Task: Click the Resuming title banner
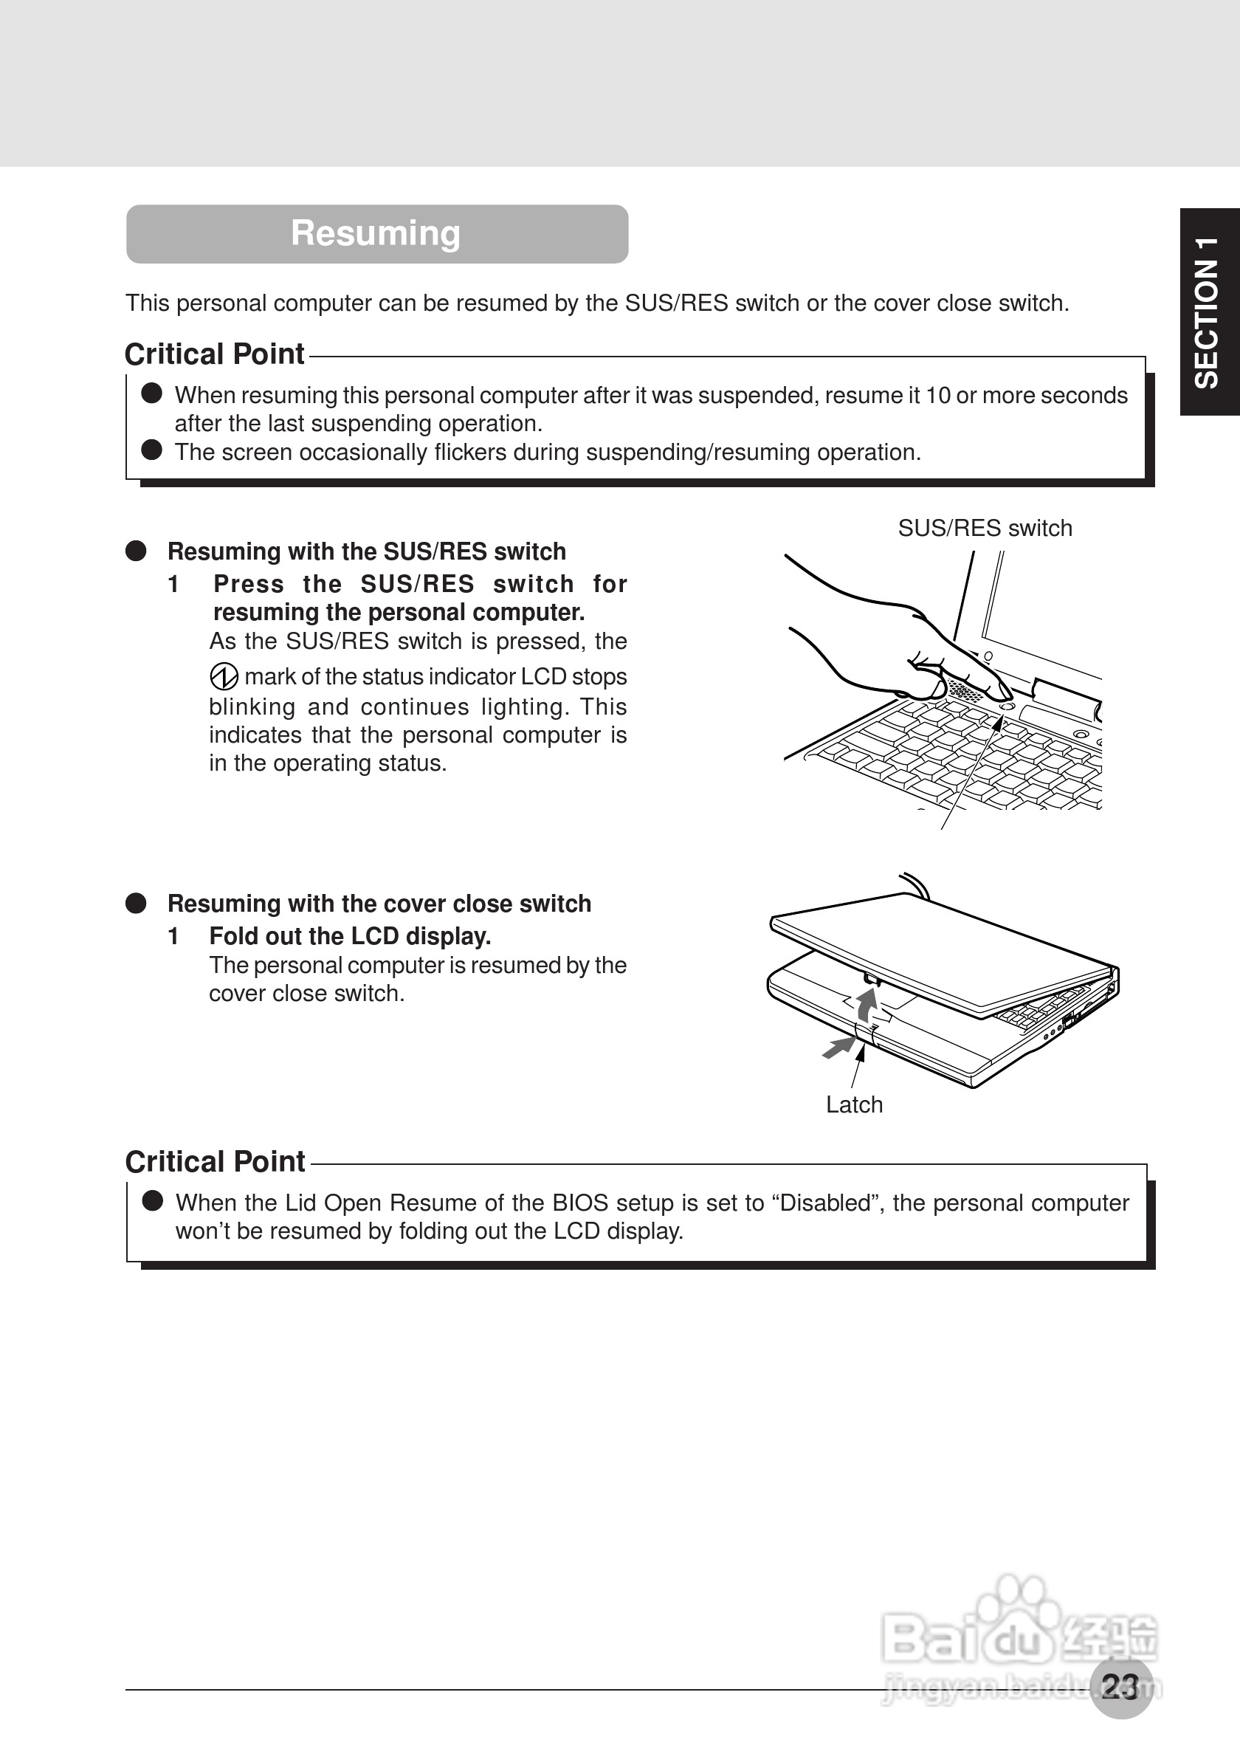click(x=376, y=233)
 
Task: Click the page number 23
click(x=1120, y=1686)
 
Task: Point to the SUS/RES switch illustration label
click(x=985, y=528)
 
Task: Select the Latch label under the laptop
click(x=854, y=1104)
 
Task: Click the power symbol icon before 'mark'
click(x=224, y=676)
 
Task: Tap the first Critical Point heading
click(x=215, y=354)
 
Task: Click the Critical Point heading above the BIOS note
click(x=216, y=1162)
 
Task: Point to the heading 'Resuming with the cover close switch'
click(x=379, y=904)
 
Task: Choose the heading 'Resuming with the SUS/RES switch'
click(x=366, y=551)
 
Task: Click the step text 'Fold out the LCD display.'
click(x=351, y=936)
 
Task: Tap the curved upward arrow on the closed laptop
click(x=867, y=1003)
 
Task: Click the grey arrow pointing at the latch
click(x=839, y=1047)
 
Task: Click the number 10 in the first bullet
click(x=938, y=396)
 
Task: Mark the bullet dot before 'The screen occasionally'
click(x=151, y=450)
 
